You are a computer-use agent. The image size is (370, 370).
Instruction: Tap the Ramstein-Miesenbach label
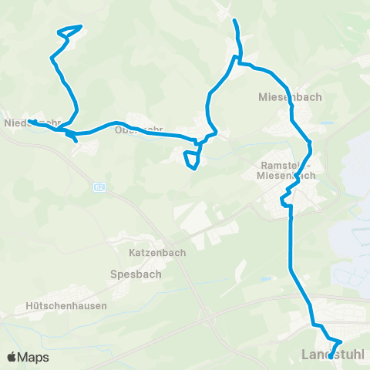click(x=286, y=170)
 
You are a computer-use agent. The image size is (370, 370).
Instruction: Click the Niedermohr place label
click(x=32, y=123)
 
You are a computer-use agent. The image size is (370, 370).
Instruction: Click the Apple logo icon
click(x=12, y=357)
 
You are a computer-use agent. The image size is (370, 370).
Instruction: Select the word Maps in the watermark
click(x=34, y=357)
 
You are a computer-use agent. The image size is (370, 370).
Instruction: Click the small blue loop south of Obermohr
click(x=192, y=158)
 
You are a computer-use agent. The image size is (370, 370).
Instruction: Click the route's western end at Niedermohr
click(x=29, y=122)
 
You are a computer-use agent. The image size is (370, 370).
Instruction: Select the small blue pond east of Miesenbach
click(x=328, y=122)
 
